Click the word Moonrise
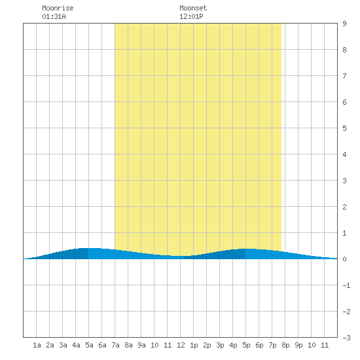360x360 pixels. pyautogui.click(x=58, y=8)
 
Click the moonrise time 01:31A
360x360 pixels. pyautogui.click(x=54, y=16)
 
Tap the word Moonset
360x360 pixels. pyautogui.click(x=193, y=8)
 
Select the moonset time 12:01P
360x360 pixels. pyautogui.click(x=191, y=16)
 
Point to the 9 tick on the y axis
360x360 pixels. pyautogui.click(x=344, y=24)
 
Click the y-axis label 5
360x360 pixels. pyautogui.click(x=344, y=128)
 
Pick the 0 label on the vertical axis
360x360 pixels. pyautogui.click(x=344, y=259)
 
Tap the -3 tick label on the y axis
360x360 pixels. pyautogui.click(x=346, y=338)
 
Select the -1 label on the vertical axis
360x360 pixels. pyautogui.click(x=346, y=285)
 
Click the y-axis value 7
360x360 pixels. pyautogui.click(x=344, y=76)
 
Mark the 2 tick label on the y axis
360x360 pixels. pyautogui.click(x=344, y=207)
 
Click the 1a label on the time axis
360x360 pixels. pyautogui.click(x=37, y=345)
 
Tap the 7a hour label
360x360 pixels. pyautogui.click(x=115, y=345)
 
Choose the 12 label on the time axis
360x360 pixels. pyautogui.click(x=181, y=345)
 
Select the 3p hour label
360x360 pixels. pyautogui.click(x=220, y=345)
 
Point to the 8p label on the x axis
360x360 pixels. pyautogui.click(x=285, y=345)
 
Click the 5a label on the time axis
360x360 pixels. pyautogui.click(x=89, y=345)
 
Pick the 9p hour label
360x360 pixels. pyautogui.click(x=298, y=345)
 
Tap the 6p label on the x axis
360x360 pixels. pyautogui.click(x=259, y=345)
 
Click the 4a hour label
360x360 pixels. pyautogui.click(x=76, y=345)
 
